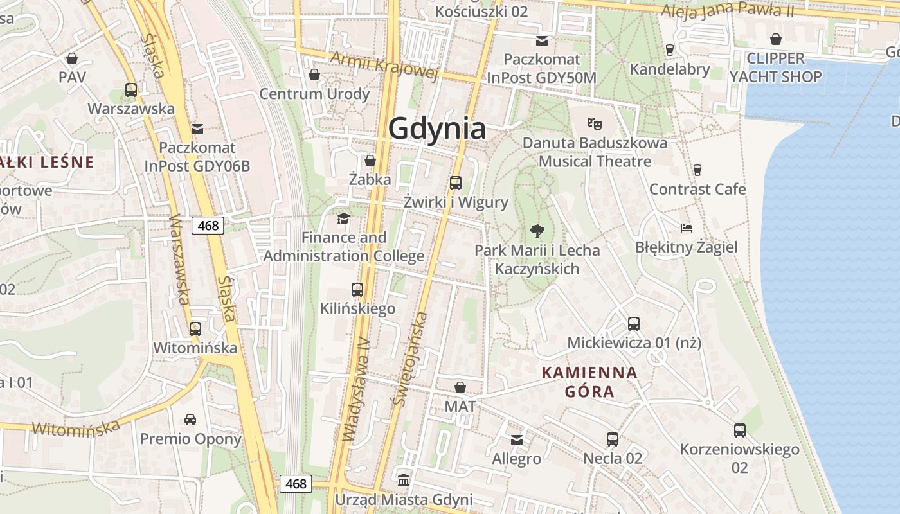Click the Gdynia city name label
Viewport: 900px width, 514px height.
pos(437,128)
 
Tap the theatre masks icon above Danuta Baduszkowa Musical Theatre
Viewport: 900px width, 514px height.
pos(595,122)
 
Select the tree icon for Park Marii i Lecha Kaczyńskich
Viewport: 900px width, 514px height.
pos(537,231)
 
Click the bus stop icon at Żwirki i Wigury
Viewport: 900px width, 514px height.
pos(456,182)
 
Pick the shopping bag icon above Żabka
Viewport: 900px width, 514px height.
pos(370,160)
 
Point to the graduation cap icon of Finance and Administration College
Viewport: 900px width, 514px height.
pos(344,218)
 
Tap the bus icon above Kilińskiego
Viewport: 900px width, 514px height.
pos(357,289)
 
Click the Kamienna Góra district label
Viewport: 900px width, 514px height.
pos(589,382)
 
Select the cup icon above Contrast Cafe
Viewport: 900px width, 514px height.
pos(697,170)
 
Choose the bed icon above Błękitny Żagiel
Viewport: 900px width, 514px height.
pos(687,227)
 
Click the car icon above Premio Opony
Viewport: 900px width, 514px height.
pos(190,420)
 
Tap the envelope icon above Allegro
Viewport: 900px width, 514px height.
pos(517,440)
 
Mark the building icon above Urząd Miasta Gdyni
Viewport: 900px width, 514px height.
pos(404,480)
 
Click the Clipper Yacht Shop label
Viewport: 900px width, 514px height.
pos(775,67)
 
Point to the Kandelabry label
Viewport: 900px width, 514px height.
pos(670,69)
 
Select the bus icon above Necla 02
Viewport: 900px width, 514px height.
pos(613,439)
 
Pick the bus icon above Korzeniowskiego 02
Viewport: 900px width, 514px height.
pos(740,430)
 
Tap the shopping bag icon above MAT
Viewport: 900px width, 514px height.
pos(460,387)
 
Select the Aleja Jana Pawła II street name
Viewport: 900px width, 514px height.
pos(727,10)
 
